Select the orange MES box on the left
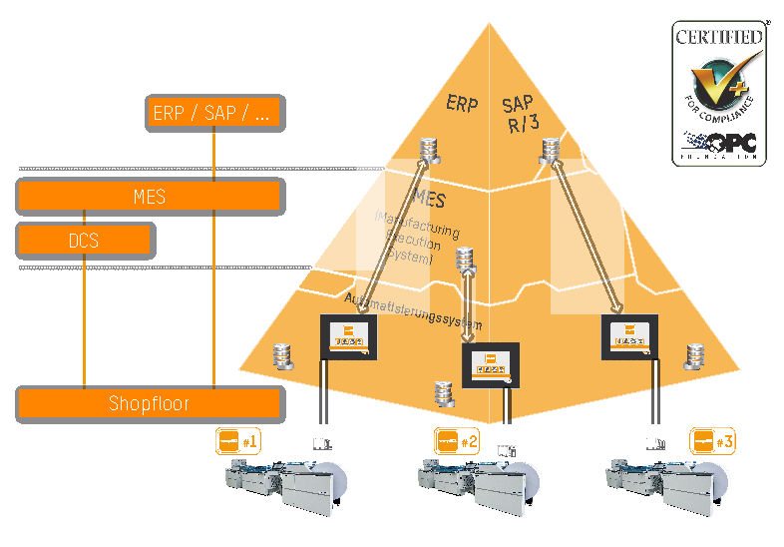point(150,197)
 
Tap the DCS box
point(86,241)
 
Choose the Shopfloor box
point(150,403)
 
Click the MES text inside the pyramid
point(429,200)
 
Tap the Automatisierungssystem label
point(413,311)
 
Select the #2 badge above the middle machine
point(458,440)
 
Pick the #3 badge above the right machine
point(712,440)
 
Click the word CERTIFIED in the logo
point(719,37)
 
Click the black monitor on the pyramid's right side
point(629,335)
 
